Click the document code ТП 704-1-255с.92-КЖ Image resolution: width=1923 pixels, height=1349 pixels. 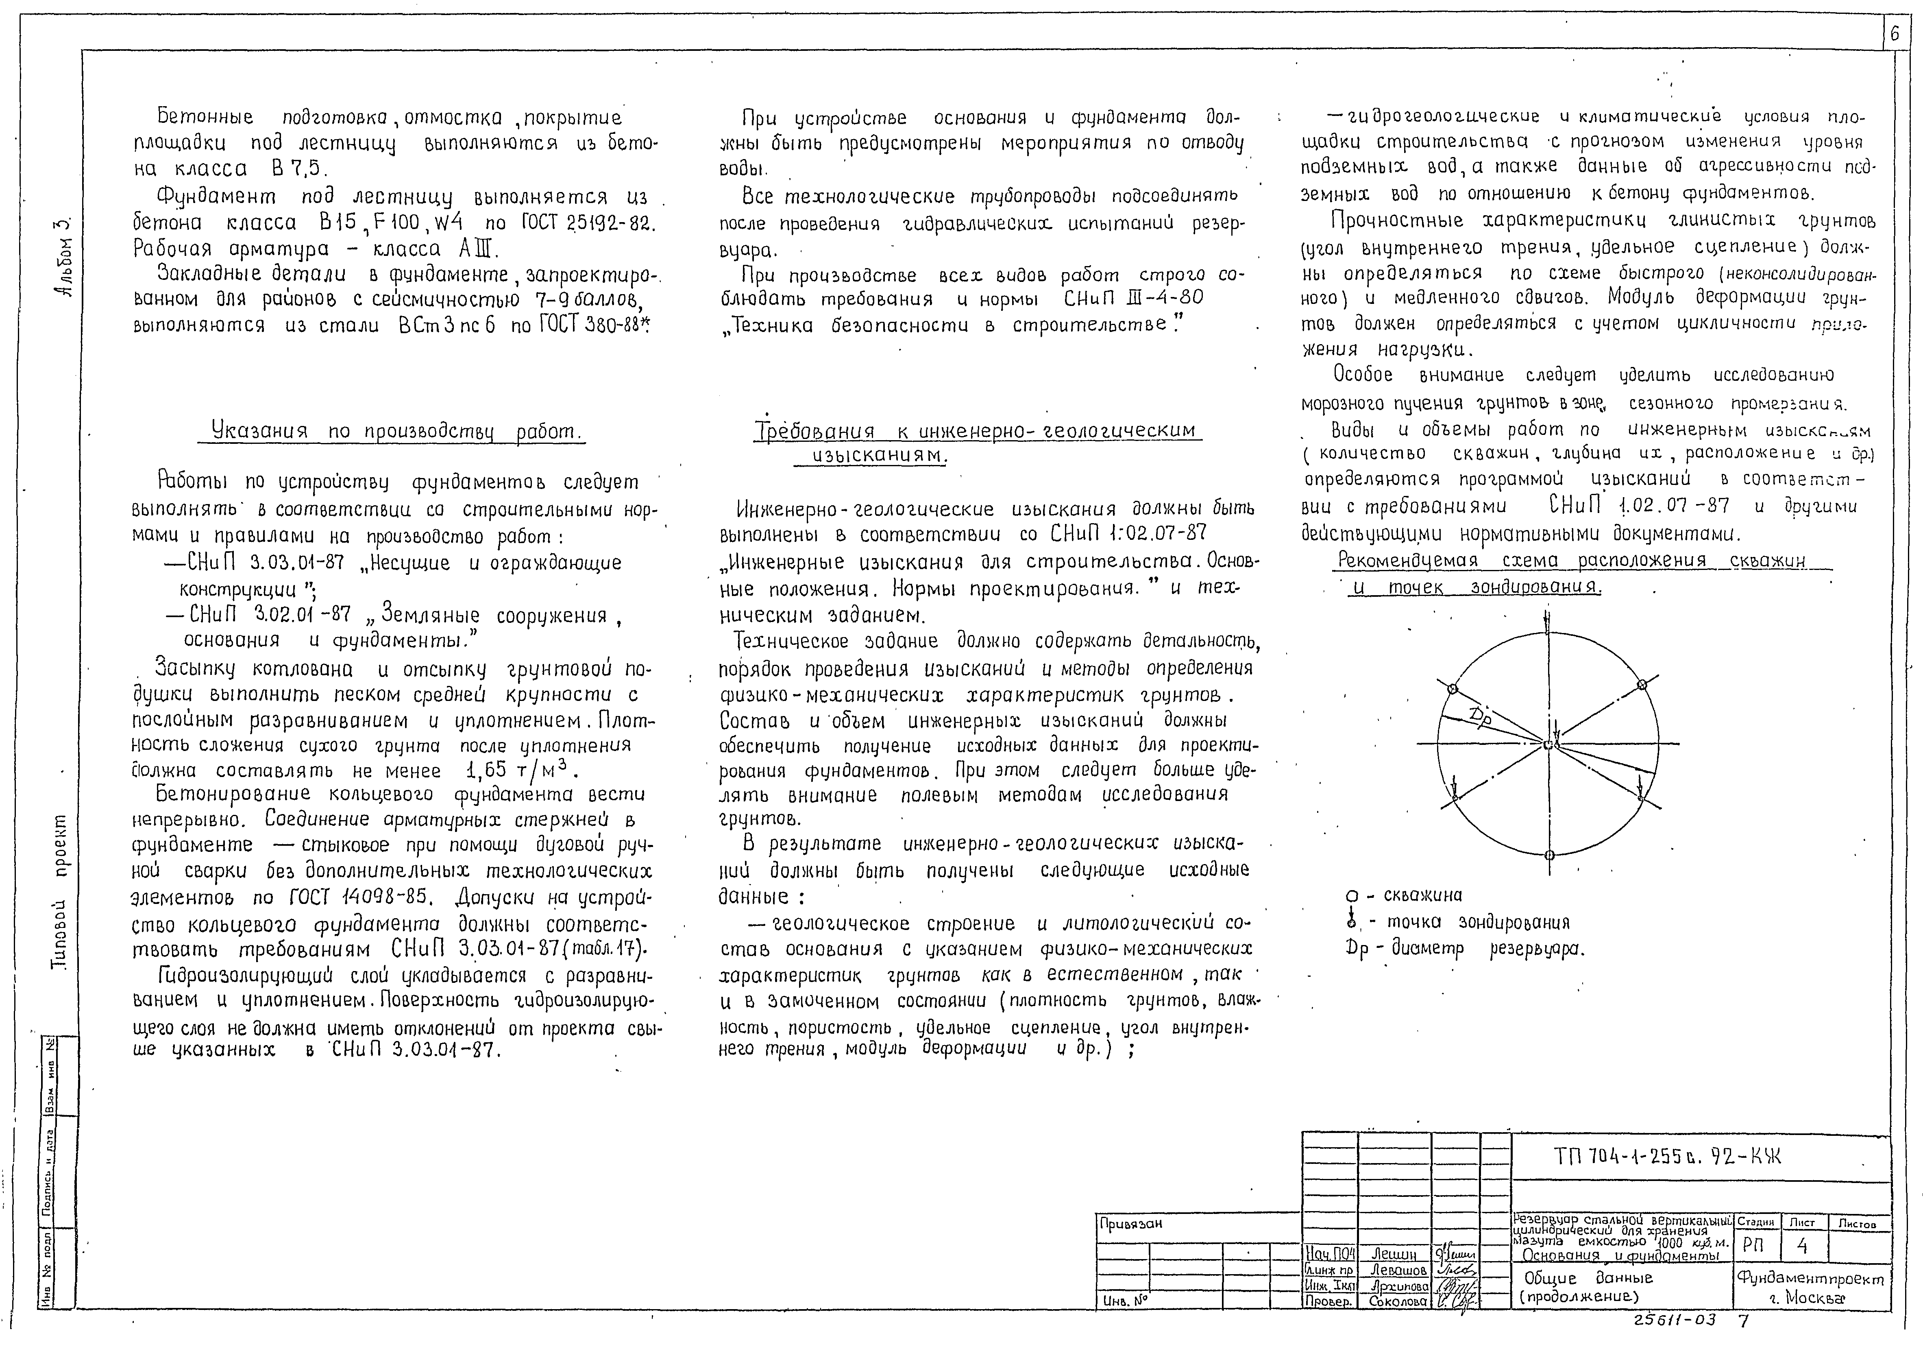[x=1667, y=1157]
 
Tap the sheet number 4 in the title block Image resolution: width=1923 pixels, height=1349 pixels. [x=1801, y=1247]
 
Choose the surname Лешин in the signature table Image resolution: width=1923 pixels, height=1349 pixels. [x=1394, y=1254]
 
